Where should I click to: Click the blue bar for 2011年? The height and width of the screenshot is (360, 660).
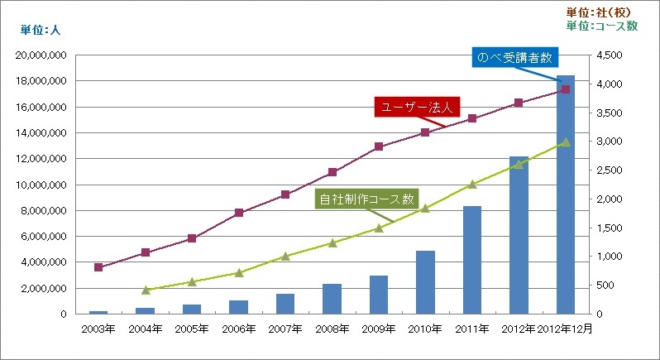472,260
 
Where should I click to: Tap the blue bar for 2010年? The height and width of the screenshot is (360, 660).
425,282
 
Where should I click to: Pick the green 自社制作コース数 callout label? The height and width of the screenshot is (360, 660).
365,199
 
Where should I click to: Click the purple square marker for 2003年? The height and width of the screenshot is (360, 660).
98,267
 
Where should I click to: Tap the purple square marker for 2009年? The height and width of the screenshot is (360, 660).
379,146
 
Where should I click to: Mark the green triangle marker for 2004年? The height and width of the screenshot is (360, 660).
146,290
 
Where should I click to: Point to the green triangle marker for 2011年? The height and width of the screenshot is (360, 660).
472,185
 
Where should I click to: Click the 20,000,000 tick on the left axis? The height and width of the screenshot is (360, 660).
43,55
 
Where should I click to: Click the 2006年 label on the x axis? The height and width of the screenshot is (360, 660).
238,329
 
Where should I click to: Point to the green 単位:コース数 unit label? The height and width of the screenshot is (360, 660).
603,26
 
